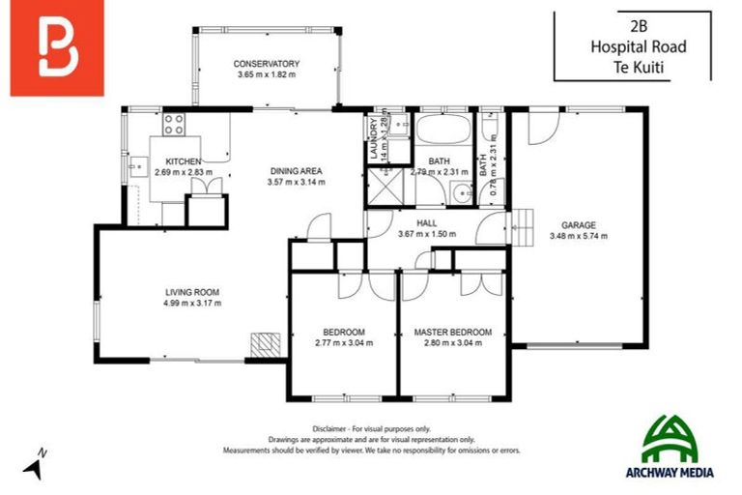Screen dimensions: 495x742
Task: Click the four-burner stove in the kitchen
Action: tap(174, 124)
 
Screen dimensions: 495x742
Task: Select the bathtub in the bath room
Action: tap(443, 131)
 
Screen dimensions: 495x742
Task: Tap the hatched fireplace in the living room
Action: tap(265, 344)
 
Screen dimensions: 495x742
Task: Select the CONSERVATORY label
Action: tap(267, 65)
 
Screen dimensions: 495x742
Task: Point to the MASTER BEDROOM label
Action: tap(452, 332)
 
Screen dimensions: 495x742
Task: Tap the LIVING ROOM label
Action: tap(191, 291)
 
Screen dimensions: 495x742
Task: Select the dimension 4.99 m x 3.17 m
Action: tap(191, 303)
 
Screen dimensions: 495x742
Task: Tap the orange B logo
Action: tap(57, 49)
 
